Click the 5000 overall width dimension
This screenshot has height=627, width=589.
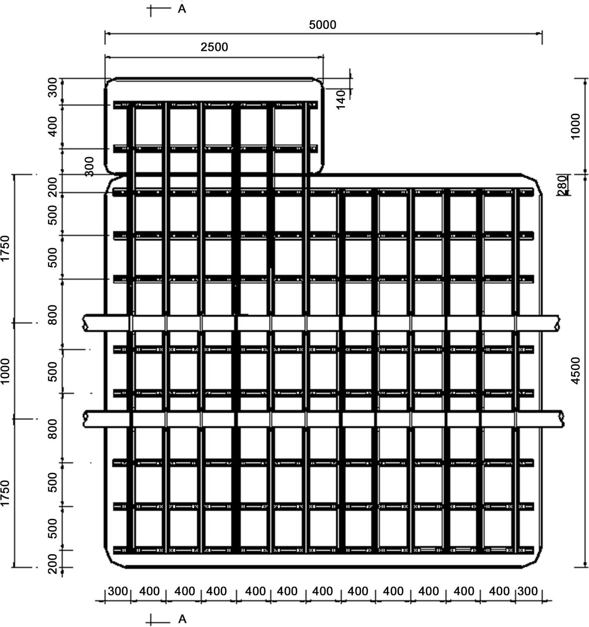coord(322,25)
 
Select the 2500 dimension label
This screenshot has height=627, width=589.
coord(214,47)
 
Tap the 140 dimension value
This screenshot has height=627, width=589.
coord(341,99)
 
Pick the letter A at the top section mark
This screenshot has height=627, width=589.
coord(182,9)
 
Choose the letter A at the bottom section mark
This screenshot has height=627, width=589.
coord(183,619)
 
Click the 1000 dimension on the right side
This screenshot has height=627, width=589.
coord(576,126)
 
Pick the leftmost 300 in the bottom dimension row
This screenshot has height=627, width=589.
coord(118,591)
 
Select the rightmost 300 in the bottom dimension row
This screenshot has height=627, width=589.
coord(527,591)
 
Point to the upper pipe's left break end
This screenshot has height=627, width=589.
coord(85,323)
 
